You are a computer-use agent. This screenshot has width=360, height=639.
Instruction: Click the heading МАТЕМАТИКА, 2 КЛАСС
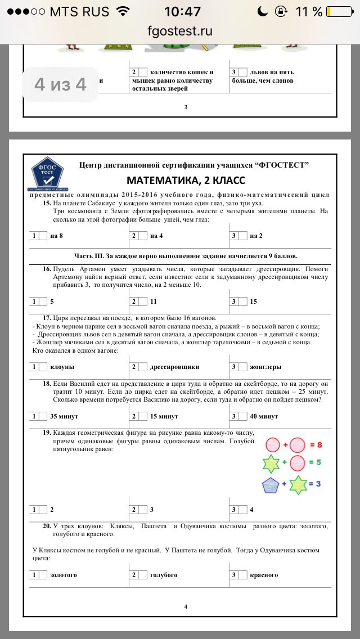click(x=186, y=180)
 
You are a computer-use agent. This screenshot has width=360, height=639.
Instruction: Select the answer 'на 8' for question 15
click(x=56, y=236)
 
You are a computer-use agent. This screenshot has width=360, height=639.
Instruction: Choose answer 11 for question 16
click(x=153, y=301)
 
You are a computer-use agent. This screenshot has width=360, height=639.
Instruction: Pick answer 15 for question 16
click(x=253, y=301)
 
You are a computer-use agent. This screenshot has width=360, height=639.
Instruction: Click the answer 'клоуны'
click(x=62, y=367)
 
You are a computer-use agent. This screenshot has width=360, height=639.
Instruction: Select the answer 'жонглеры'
click(x=265, y=367)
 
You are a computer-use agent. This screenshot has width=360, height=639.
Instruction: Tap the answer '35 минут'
click(x=64, y=416)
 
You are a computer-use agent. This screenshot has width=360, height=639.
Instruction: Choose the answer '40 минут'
click(x=264, y=416)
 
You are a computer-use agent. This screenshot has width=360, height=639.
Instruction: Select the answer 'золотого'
click(x=63, y=575)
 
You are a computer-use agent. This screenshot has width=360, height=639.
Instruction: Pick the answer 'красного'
click(x=264, y=575)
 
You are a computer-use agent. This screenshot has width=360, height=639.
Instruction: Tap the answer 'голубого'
click(x=163, y=575)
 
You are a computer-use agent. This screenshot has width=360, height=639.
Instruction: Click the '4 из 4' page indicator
click(x=60, y=84)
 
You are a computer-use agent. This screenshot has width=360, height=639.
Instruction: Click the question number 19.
click(x=47, y=433)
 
